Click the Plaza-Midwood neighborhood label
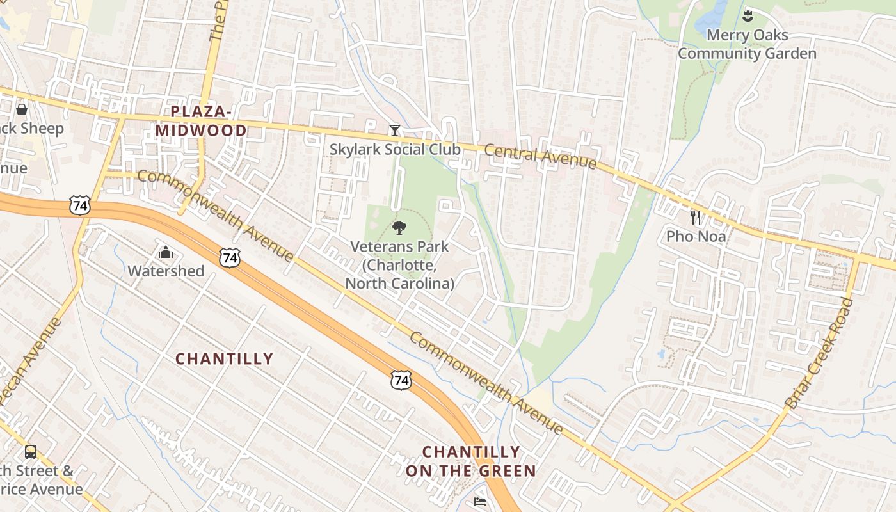coord(201,121)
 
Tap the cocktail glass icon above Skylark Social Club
coord(395,131)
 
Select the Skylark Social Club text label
coord(395,149)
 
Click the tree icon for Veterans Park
coord(399,228)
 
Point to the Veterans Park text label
coord(399,264)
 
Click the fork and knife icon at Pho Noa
coord(696,218)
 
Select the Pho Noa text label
coord(696,236)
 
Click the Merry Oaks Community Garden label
coord(747,44)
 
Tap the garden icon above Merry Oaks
coord(748,15)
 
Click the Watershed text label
coord(166,271)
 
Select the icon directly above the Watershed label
coord(166,253)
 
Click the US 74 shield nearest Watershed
coord(229,258)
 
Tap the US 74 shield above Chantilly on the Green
coord(401,380)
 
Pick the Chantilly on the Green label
coord(470,461)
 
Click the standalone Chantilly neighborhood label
coord(225,359)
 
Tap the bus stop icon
coord(30,452)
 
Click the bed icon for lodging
coord(479,502)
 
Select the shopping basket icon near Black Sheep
coord(22,109)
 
